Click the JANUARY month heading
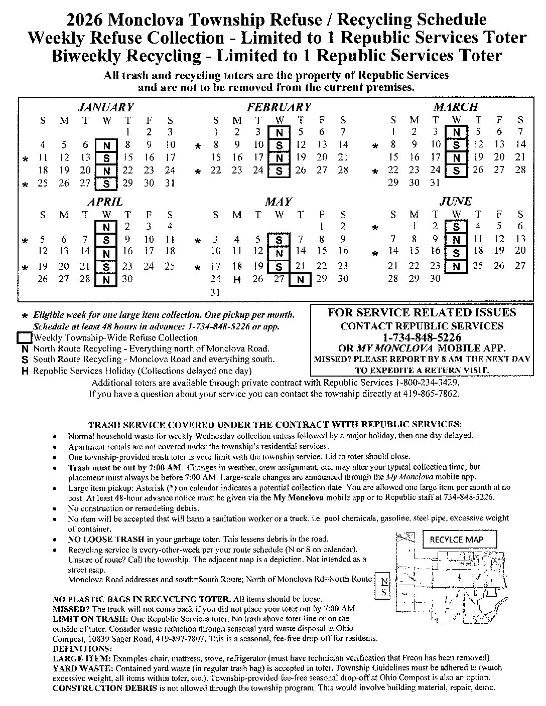pos(106,107)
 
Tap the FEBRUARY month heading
pos(279,107)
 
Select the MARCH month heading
pos(456,107)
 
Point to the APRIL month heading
pos(105,202)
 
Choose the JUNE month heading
pos(456,202)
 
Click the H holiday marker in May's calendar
pos(237,280)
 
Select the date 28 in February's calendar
pos(343,170)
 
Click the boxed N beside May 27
pos(300,280)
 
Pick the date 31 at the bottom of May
pos(215,292)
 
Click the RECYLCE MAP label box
pos(457,540)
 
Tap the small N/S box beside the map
pos(384,586)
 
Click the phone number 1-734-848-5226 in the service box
pos(422,337)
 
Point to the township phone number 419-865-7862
pos(431,394)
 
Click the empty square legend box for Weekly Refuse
pos(25,338)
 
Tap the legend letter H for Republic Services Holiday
pos(24,371)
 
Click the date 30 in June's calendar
pos(435,279)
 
